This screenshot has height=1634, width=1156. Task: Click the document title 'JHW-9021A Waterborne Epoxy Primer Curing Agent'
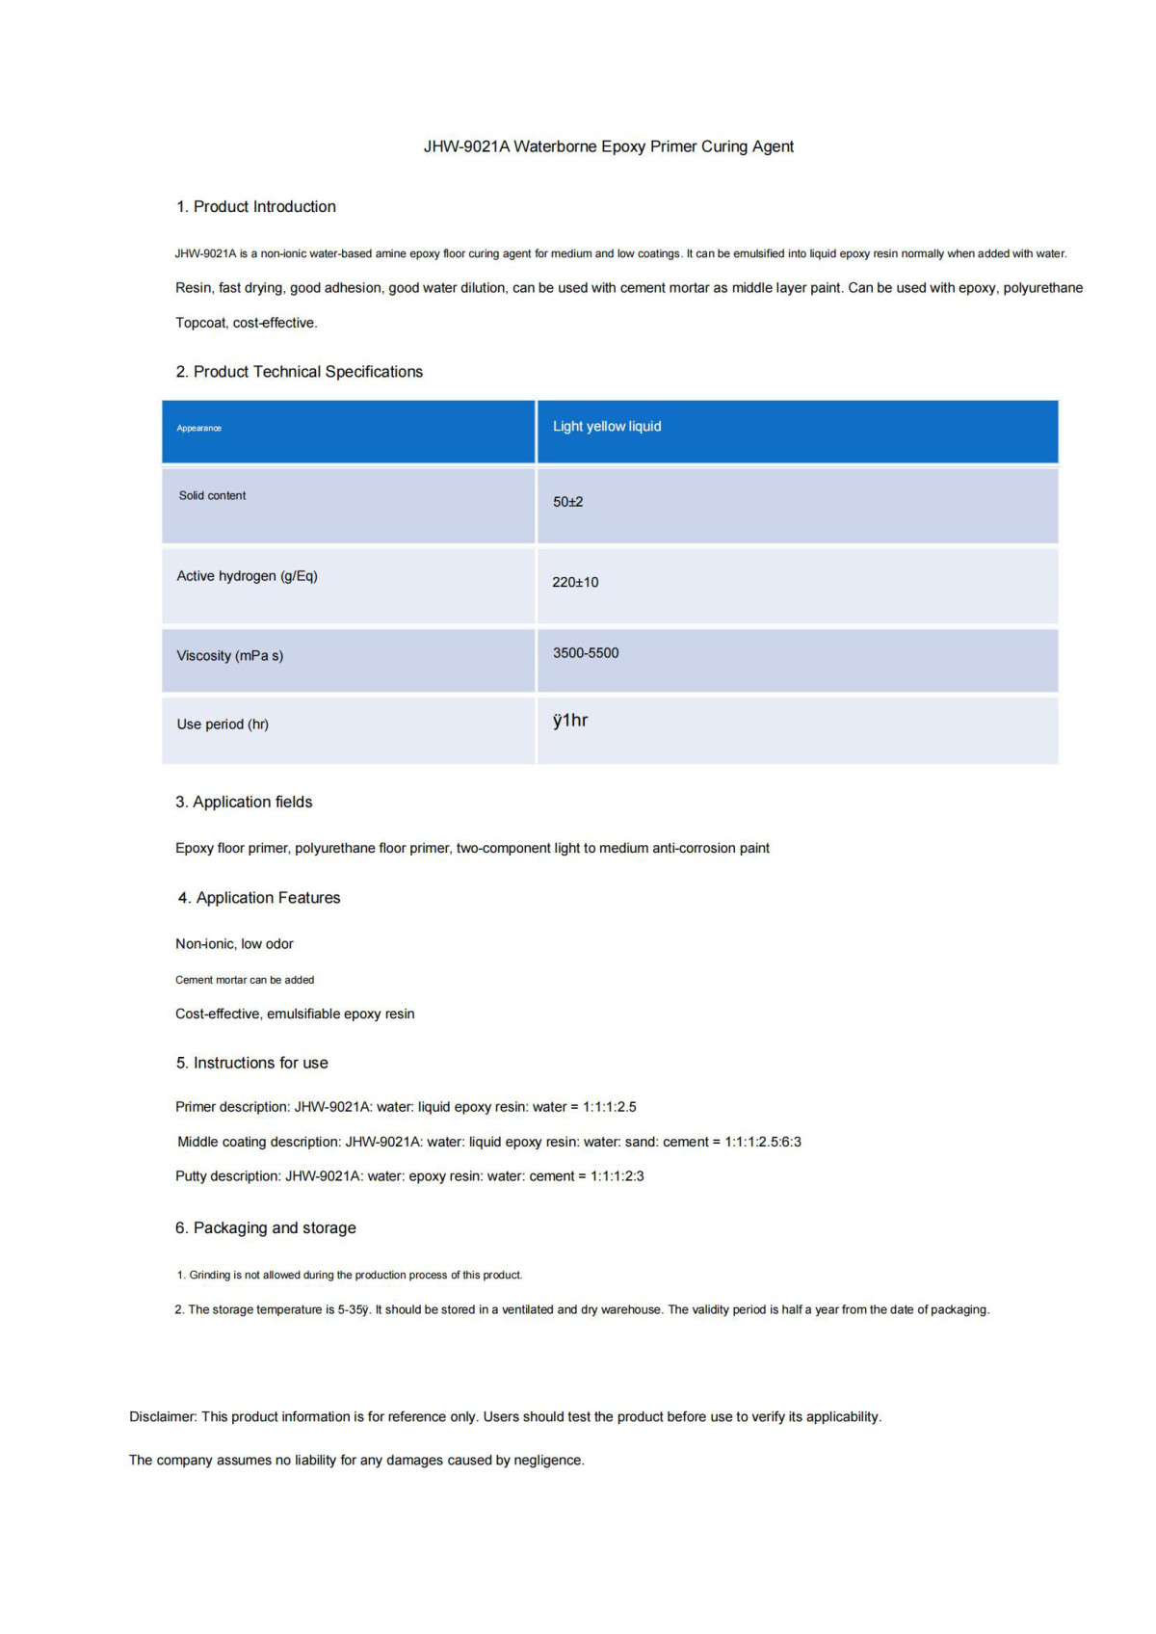click(x=608, y=146)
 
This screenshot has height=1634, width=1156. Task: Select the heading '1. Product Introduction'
click(x=255, y=206)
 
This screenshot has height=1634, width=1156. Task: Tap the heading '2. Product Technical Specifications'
click(x=299, y=372)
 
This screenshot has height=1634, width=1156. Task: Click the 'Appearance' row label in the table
click(x=199, y=428)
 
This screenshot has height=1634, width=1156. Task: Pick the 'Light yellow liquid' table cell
click(x=607, y=426)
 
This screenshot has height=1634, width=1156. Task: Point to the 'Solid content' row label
click(x=212, y=495)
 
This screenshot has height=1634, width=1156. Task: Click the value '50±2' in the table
click(x=567, y=502)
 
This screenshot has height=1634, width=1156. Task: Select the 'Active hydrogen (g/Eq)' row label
click(x=247, y=576)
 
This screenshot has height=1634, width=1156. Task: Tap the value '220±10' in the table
click(x=575, y=582)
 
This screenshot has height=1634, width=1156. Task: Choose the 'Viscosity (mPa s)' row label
click(x=229, y=656)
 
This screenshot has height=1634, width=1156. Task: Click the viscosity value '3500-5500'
click(x=586, y=653)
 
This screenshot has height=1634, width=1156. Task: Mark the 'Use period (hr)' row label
click(x=223, y=725)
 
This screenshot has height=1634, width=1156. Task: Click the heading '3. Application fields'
click(x=244, y=802)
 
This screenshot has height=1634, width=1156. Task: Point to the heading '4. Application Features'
click(x=259, y=898)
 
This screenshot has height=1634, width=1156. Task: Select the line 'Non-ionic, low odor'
click(x=234, y=944)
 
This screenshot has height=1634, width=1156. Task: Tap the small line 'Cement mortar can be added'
click(x=245, y=980)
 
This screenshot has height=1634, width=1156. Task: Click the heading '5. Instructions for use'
click(x=251, y=1063)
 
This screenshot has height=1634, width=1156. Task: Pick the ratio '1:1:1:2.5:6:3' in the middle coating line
click(x=763, y=1142)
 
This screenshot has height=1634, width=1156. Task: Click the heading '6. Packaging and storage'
click(x=265, y=1227)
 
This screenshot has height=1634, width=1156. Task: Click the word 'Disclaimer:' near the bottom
click(x=163, y=1416)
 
